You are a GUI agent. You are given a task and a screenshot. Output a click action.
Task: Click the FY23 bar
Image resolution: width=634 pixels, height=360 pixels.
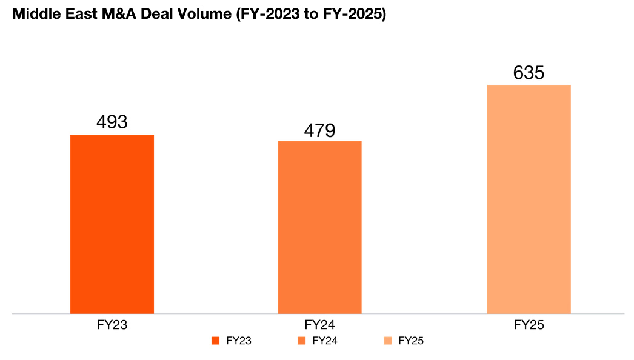[112, 224]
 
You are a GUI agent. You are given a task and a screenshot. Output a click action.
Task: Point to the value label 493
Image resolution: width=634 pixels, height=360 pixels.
[112, 122]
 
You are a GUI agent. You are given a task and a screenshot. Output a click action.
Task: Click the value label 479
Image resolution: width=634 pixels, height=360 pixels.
[320, 130]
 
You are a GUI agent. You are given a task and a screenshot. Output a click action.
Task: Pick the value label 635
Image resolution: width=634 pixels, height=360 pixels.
[529, 73]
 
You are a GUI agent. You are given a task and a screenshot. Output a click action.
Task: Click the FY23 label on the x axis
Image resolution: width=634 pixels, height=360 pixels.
[112, 325]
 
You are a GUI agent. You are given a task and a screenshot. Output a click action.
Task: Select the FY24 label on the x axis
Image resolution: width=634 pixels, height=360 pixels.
[320, 325]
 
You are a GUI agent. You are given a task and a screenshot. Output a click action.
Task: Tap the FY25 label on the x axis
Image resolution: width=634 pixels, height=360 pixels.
[529, 325]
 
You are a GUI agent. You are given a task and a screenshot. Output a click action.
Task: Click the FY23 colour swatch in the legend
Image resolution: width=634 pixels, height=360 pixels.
[215, 341]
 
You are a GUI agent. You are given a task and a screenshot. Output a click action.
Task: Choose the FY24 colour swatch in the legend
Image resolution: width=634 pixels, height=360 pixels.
[301, 341]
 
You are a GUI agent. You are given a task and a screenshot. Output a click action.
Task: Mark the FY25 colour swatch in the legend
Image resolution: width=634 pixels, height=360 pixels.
[388, 341]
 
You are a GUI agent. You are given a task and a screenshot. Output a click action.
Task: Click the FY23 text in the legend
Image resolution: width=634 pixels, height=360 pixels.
[238, 341]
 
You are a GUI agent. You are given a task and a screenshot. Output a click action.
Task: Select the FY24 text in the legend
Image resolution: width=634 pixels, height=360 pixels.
[324, 341]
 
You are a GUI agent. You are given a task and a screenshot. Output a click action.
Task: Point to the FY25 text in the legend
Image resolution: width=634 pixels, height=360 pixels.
[411, 341]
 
